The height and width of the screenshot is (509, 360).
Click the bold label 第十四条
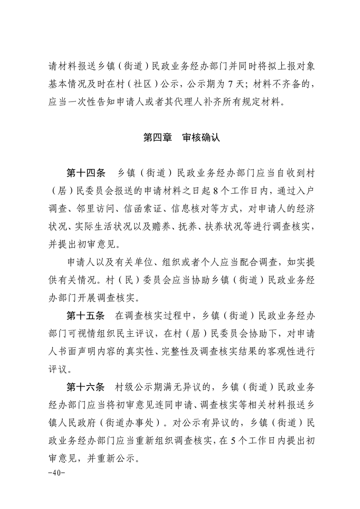pos(86,173)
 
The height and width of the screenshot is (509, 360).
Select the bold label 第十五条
pos(86,315)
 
